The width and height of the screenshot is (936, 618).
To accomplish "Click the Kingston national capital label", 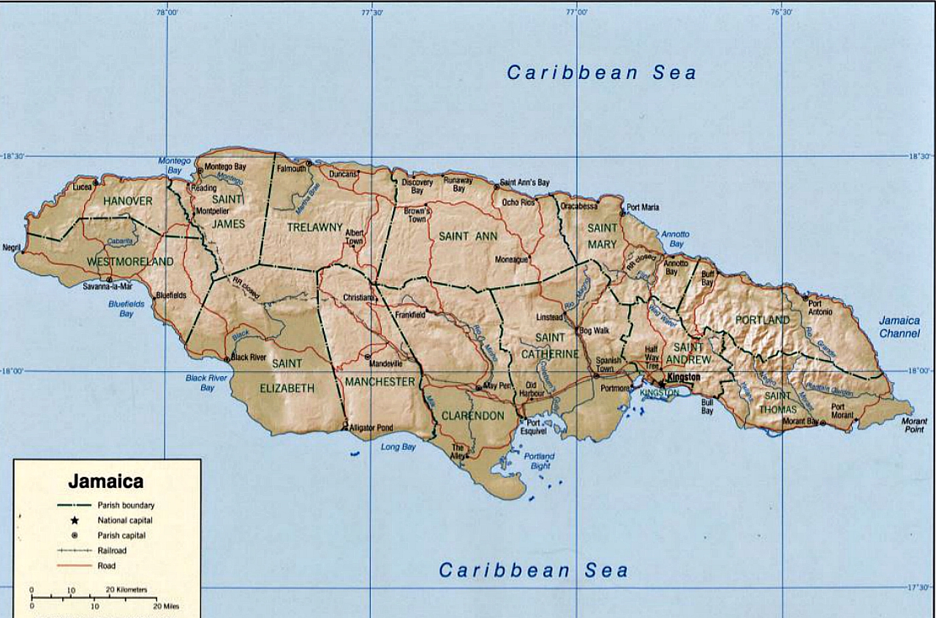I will coord(684,377).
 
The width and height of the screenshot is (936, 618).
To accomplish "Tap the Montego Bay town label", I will coord(225,167).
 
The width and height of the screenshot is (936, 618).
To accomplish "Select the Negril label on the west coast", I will coord(12,248).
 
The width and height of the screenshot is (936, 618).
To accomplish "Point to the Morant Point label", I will coord(915,425).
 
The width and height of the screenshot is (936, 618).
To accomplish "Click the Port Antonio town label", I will coord(820,308).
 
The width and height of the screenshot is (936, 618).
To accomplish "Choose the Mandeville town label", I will coord(388,363).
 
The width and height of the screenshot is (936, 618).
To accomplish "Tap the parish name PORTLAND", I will coord(763,320).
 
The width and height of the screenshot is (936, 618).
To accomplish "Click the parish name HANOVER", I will coord(128,201).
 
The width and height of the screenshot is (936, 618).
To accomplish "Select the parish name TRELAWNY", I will coord(314,227).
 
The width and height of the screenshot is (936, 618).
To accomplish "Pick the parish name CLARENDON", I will coord(472,416).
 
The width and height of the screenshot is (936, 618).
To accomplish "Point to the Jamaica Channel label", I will coord(899,327).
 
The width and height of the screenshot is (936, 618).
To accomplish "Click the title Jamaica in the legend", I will coord(105,481).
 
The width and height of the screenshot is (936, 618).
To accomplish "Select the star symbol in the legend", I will coord(75,520).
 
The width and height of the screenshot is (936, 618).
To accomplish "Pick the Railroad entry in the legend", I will coord(112,550).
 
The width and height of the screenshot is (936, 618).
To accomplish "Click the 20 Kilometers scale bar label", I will coord(127,590).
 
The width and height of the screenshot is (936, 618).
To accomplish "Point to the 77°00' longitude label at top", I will coord(576,12).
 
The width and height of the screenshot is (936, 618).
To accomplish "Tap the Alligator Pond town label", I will coord(371,427).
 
